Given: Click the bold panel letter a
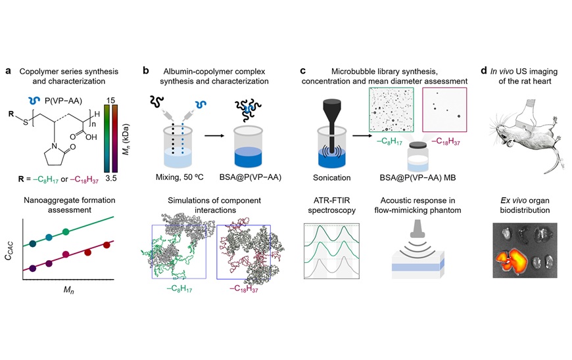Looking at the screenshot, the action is tap(9, 71).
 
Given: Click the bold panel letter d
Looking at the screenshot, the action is tap(484, 70).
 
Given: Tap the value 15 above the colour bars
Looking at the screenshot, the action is tap(111, 100).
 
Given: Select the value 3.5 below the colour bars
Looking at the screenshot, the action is tap(111, 178).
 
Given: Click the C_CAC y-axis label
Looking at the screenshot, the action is tap(9, 251).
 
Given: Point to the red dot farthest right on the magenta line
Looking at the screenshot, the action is tap(107, 245).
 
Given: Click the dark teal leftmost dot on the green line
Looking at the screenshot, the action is tap(32, 244).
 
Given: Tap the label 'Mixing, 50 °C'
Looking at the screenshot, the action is tap(179, 177).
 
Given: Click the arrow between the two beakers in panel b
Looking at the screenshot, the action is tap(215, 135).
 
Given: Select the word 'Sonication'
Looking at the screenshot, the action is tap(331, 178).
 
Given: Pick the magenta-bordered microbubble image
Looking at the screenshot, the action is tap(444, 110).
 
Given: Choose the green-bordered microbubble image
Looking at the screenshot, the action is tap(391, 110).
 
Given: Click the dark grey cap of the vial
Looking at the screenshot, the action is tap(418, 145).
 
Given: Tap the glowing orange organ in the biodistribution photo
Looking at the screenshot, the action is tap(512, 259).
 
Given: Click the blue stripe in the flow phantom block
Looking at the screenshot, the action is tap(417, 267).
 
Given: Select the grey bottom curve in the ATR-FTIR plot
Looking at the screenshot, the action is tap(331, 269).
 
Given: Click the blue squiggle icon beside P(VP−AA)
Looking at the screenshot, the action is tap(35, 101).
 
